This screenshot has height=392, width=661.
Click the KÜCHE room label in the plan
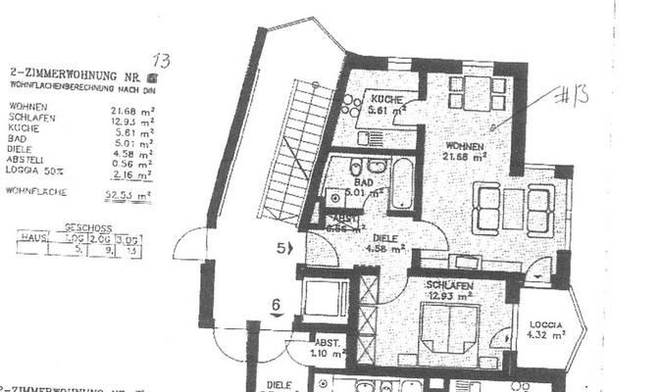(382, 100)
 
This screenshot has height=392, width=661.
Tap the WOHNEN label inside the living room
(465, 143)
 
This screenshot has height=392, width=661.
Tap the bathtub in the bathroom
(402, 183)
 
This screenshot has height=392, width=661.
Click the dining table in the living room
(474, 93)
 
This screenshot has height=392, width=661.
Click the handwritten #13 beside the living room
(574, 96)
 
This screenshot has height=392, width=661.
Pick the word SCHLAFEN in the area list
(29, 120)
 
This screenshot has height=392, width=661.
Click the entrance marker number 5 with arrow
(283, 249)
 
